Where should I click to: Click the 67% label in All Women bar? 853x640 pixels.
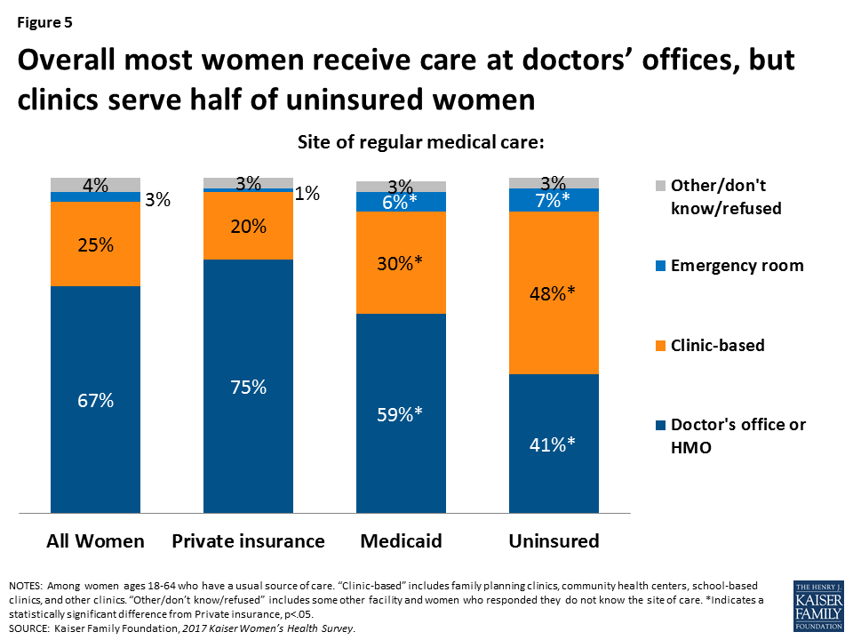[95, 400]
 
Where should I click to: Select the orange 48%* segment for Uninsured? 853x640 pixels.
[554, 292]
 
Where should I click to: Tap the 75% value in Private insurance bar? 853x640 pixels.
[248, 387]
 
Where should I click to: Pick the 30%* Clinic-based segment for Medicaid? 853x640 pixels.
[401, 262]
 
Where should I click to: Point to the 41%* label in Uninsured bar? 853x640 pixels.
[554, 444]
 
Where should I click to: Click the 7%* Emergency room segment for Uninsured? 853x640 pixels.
[554, 200]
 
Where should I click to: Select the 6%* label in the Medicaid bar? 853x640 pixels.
[401, 202]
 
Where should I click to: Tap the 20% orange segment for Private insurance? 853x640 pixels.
[248, 226]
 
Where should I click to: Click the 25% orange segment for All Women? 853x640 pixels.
[95, 244]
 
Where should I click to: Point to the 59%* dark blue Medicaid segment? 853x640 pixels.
[401, 414]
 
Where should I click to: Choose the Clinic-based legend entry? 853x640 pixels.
[718, 345]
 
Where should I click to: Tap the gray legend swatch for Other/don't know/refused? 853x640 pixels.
[658, 186]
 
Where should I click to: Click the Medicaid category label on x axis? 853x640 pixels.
[401, 541]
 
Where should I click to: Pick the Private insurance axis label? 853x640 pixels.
[248, 541]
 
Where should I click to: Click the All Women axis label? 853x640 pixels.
[95, 541]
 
